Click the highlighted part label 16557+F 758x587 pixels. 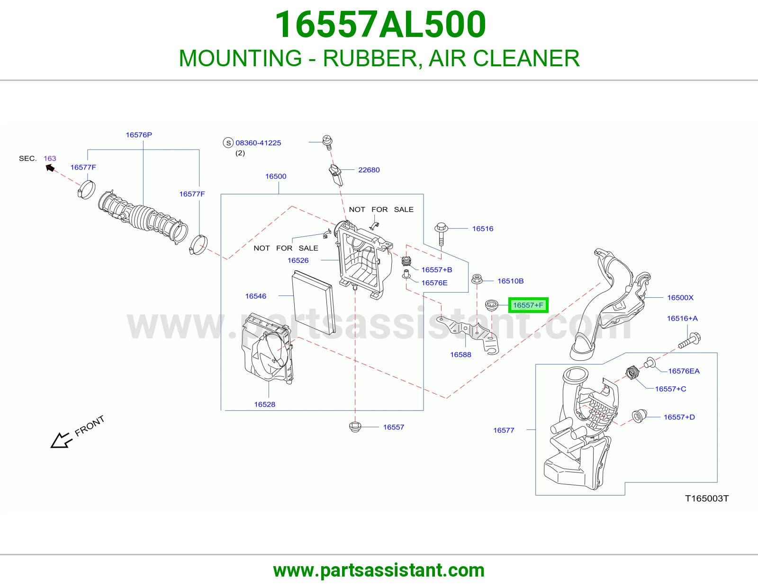tap(528, 305)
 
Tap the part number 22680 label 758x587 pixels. tap(369, 170)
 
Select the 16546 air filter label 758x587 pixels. tap(255, 296)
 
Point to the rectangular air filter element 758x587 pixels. tap(313, 302)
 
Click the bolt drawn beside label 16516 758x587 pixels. tap(441, 234)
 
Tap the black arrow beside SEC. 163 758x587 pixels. tap(50, 169)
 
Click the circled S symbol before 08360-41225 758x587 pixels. tap(228, 142)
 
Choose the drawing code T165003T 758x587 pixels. tap(707, 498)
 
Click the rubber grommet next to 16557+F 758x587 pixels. tap(491, 305)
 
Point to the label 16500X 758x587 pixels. tap(680, 297)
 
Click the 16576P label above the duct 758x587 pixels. tap(139, 134)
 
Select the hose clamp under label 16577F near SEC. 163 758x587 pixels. tap(86, 190)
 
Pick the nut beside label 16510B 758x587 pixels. tap(477, 279)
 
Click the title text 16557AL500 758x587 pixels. tap(380, 24)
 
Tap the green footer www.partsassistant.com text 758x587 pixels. tap(379, 570)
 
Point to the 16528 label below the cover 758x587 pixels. tap(264, 404)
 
